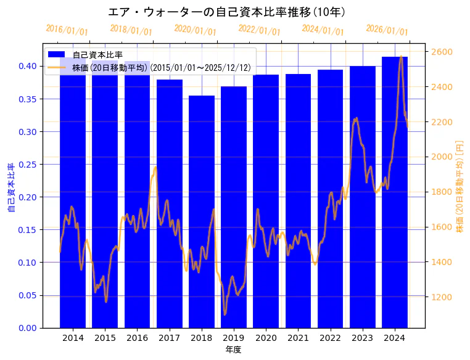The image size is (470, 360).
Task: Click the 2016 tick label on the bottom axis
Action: coord(137,338)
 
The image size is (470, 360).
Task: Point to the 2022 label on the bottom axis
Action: coord(330,338)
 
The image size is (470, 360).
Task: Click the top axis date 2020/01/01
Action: coord(195,30)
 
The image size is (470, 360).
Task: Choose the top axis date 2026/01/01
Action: coord(387,30)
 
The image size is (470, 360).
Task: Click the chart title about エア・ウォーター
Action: coord(226,12)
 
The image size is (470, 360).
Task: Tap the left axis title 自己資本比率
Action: coord(10,188)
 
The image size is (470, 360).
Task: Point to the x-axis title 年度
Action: coord(233,350)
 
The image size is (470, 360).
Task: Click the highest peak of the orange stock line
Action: coord(401,57)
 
